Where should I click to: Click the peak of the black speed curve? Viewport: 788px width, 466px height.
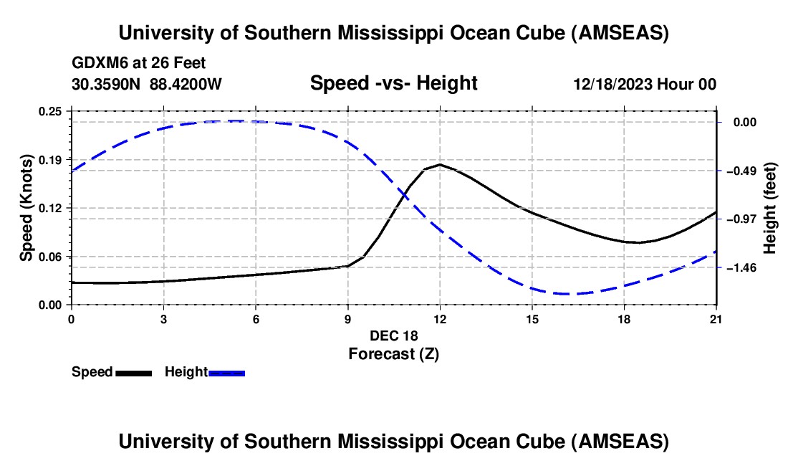click(440, 164)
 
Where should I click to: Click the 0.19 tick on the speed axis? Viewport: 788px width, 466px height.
click(72, 158)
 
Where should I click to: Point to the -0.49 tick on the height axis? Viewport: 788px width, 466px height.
click(716, 171)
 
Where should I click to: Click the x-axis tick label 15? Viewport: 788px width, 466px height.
click(532, 319)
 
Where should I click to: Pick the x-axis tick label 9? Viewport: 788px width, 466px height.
click(347, 319)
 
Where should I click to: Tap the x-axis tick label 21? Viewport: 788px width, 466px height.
click(716, 319)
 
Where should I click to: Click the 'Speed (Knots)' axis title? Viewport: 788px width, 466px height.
click(26, 207)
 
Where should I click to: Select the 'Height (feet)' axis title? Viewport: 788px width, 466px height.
click(770, 208)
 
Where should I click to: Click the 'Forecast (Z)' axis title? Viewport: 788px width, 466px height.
click(393, 353)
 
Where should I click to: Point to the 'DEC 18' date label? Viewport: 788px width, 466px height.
click(393, 336)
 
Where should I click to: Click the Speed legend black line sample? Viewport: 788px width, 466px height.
click(133, 373)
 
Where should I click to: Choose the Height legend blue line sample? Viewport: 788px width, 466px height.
click(226, 373)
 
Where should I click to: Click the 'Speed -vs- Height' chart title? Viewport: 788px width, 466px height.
click(393, 83)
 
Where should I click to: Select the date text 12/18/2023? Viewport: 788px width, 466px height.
click(612, 84)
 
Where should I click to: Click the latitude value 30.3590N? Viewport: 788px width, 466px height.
click(107, 84)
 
